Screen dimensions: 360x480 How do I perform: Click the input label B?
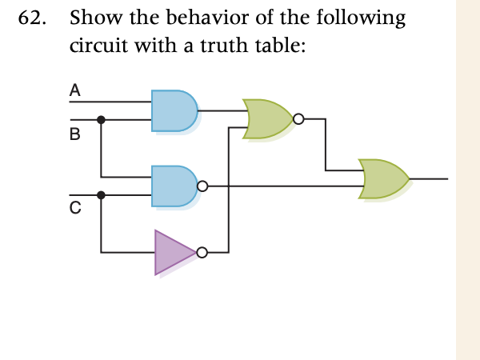(x=74, y=134)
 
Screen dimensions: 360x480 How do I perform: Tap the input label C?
(x=74, y=210)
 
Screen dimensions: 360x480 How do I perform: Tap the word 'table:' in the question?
(x=281, y=46)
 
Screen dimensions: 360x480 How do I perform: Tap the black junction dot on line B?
(x=101, y=120)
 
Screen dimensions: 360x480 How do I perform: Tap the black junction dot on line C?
(x=101, y=194)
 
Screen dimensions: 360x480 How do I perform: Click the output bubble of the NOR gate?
(x=298, y=120)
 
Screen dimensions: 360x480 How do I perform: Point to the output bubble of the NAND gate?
(x=202, y=186)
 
